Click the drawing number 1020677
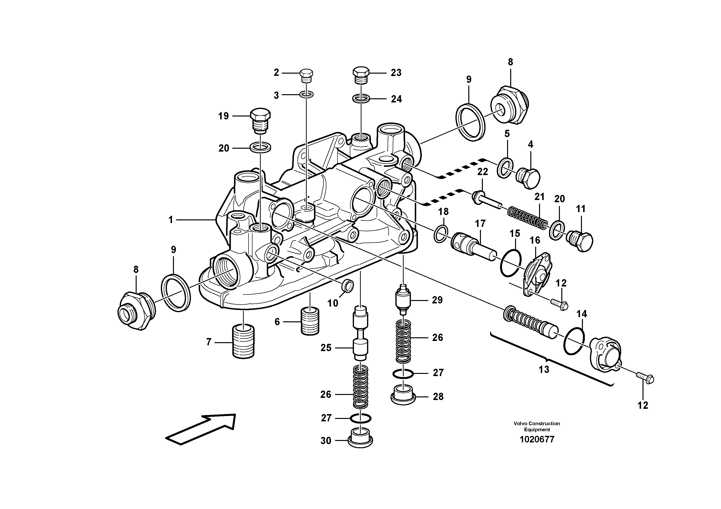coord(537,439)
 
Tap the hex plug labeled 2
coord(306,76)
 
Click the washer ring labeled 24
coord(361,99)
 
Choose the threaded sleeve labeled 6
coord(310,321)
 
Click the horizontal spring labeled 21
coord(527,217)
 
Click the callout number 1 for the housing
coord(171,220)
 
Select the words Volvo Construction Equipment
coord(537,426)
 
